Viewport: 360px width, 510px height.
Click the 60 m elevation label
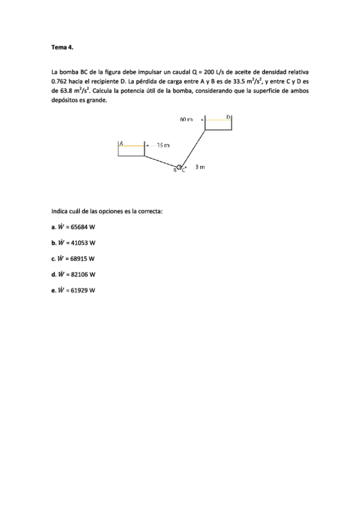tap(186, 120)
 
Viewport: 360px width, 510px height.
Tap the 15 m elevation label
tap(163, 145)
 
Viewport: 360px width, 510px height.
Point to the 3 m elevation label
tap(201, 167)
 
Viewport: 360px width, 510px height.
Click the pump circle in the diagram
tap(179, 167)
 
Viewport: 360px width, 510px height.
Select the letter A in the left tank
tap(121, 143)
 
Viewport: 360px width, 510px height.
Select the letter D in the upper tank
tap(228, 117)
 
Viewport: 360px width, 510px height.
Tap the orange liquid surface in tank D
tap(218, 120)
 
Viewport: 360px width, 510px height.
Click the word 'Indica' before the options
tap(61, 211)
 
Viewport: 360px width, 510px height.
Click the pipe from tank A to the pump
tap(161, 161)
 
